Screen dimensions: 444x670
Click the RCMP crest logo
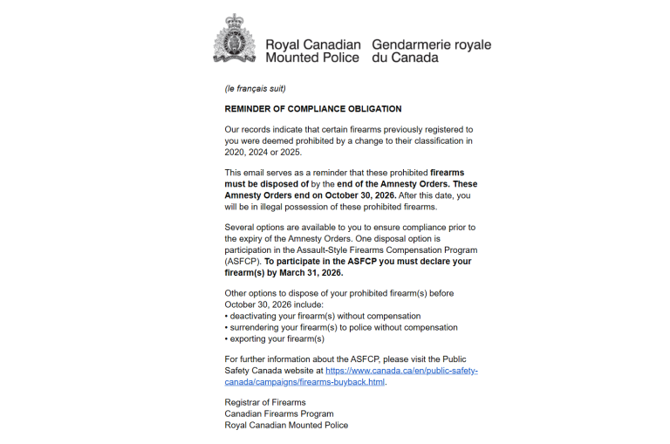click(x=234, y=39)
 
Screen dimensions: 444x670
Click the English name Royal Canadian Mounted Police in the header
click(x=311, y=51)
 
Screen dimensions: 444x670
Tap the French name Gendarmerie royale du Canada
click(x=431, y=51)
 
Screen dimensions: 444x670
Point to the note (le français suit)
click(x=256, y=89)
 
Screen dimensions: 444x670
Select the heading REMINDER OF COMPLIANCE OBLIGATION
click(x=313, y=109)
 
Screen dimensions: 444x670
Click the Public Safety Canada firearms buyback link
click(x=352, y=376)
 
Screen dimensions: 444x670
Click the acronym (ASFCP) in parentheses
click(x=242, y=261)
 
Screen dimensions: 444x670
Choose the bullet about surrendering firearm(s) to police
click(x=341, y=327)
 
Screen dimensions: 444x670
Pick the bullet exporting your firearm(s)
click(x=275, y=338)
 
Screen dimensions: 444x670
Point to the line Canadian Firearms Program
click(x=279, y=413)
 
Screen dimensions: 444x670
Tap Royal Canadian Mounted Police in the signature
click(x=286, y=425)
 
